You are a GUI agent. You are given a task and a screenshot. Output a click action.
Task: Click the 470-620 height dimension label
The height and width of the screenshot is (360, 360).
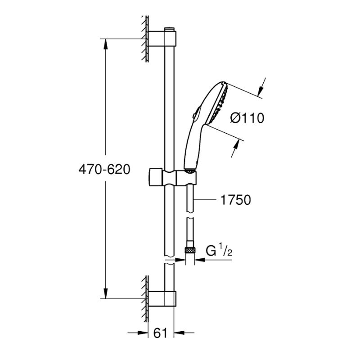coord(104,170)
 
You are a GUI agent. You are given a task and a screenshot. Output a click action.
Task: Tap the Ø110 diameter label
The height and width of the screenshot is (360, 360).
coord(247,118)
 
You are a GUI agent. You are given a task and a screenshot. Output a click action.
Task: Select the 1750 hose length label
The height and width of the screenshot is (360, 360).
coord(235,200)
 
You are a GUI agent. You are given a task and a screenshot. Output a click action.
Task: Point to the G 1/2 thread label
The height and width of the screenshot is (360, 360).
coord(219,251)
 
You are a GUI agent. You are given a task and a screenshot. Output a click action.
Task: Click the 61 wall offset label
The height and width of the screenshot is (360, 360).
coord(161,333)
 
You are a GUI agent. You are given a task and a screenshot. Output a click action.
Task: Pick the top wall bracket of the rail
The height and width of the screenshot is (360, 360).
coord(162,38)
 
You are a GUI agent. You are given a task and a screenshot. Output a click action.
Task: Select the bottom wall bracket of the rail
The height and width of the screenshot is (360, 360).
coord(162,299)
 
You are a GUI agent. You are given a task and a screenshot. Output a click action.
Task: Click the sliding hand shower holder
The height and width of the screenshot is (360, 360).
coord(173,177)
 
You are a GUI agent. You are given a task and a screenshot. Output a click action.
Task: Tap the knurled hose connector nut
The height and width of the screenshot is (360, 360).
coord(190,250)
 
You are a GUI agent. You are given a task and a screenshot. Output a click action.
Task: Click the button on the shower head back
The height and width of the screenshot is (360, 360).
coord(195,115)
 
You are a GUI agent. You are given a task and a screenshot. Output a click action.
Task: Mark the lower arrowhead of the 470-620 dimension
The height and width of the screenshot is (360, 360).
coord(106,294)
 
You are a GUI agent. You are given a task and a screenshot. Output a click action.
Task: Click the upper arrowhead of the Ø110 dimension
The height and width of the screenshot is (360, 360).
coord(261,91)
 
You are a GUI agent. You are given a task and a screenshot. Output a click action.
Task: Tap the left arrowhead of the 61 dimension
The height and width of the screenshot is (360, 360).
coord(143,333)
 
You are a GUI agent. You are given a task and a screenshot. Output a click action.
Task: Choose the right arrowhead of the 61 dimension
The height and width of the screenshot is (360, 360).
coord(179,333)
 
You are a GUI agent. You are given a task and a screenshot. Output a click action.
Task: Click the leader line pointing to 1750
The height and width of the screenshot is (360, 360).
coord(205,200)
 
